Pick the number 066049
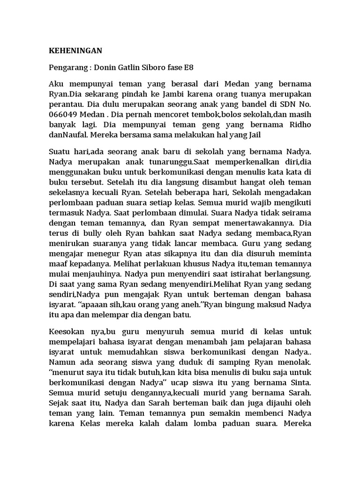click(63, 114)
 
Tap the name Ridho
click(297, 124)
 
